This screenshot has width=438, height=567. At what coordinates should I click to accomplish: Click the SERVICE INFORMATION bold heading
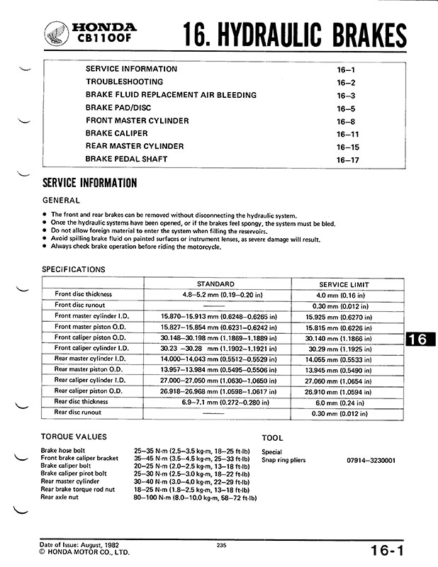[x=89, y=183]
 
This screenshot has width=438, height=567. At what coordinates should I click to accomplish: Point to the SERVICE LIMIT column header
[x=344, y=284]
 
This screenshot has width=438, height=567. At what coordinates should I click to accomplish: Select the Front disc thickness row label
[x=84, y=293]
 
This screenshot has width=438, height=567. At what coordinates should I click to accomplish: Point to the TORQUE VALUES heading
[x=74, y=437]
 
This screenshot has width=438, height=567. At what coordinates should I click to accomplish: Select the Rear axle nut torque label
[x=60, y=498]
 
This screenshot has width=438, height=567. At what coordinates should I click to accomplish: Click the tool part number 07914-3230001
[x=371, y=461]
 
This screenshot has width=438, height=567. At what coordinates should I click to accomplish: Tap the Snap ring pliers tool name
[x=283, y=461]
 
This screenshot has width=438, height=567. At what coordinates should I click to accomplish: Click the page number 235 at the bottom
[x=218, y=544]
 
